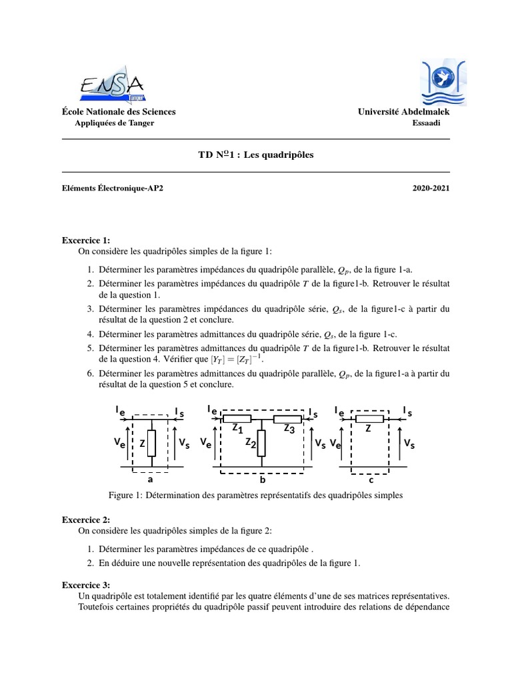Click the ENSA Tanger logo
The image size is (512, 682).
(x=111, y=84)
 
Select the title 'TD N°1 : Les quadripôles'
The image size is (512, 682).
(x=255, y=155)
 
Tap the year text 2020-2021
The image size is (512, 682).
(x=431, y=188)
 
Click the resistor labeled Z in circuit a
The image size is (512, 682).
(x=152, y=442)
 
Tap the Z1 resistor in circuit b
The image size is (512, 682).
(x=237, y=419)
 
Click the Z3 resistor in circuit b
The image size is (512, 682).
(x=287, y=419)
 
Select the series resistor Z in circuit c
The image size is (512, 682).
(x=369, y=419)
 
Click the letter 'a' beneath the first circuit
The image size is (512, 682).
(x=150, y=479)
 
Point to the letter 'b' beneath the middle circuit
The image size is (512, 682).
(x=263, y=480)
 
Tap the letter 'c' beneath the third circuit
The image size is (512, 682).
(x=371, y=480)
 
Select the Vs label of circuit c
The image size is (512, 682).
(x=408, y=442)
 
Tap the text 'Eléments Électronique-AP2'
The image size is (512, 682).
(x=112, y=188)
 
